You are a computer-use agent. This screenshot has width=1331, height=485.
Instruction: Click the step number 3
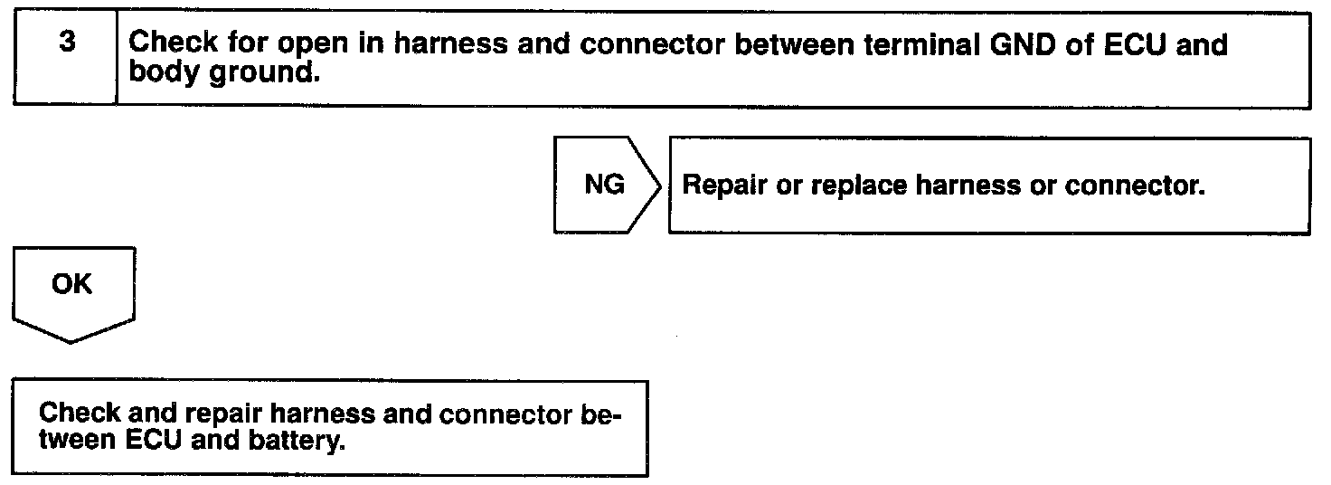[65, 43]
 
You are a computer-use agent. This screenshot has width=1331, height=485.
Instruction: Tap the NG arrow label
[603, 185]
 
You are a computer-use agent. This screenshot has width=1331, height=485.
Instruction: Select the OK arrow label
[72, 284]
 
